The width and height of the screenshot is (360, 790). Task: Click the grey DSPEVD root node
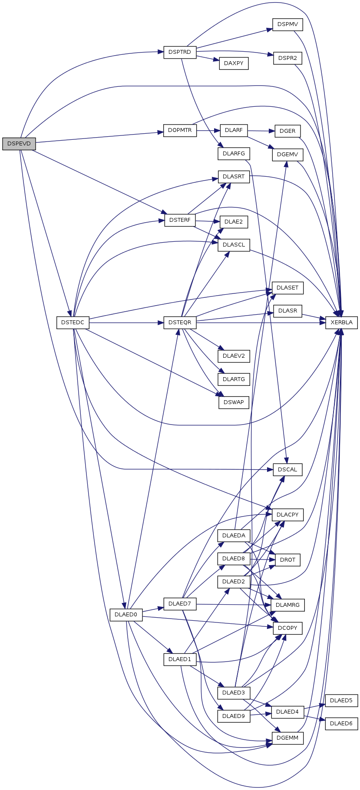coord(19,144)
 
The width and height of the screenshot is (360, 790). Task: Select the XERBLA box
coord(341,323)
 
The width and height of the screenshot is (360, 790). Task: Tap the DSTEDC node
coord(73,323)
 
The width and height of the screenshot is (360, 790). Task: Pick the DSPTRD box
coord(180,52)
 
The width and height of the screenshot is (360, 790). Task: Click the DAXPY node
coord(234,63)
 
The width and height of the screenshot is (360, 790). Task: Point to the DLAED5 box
coord(341,700)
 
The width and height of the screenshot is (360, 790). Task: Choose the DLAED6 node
coord(341,723)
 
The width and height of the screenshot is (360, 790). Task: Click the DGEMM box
coord(287,738)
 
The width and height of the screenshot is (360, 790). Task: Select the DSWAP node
coord(234,402)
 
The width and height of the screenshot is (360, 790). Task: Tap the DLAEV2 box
coord(234,356)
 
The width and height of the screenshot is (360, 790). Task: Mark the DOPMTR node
coord(180,130)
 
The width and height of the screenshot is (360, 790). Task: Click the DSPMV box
coord(287,24)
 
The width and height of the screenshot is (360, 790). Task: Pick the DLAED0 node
coord(126,614)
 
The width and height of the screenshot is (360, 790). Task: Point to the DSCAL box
coord(287,469)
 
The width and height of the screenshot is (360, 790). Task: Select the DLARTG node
coord(234,379)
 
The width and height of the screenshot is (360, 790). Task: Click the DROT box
coord(287,560)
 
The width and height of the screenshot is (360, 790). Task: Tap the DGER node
coord(287,131)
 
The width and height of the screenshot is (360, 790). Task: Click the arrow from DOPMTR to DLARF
coord(208,130)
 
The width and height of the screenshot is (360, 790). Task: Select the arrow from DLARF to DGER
coord(261,131)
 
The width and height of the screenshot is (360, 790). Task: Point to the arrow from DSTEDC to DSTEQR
coord(126,323)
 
